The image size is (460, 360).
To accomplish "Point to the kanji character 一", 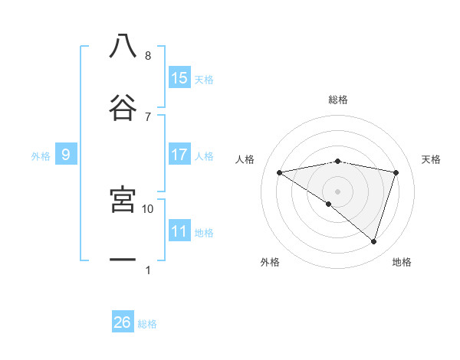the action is [123, 260].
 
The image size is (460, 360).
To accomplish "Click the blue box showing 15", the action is [179, 78].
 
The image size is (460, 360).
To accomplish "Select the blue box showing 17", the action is [179, 155].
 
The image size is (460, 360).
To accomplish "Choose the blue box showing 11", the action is [179, 231].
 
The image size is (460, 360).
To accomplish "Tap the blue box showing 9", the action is [66, 155].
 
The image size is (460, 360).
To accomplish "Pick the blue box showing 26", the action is [123, 322].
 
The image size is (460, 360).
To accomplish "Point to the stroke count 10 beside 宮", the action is [148, 208].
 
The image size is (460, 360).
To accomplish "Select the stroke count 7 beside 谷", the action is [148, 116].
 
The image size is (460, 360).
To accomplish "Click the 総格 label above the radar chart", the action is [338, 100].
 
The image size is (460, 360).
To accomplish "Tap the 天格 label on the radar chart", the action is [432, 159].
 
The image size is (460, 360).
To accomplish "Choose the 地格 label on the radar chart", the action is [402, 262].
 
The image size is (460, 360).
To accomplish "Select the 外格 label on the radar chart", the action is [270, 262].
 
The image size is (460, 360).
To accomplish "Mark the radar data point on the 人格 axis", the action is [280, 172].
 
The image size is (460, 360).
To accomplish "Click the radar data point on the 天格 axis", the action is [396, 172].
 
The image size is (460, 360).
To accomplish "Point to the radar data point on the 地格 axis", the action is [374, 241].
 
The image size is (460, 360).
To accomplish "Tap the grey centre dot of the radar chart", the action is [338, 191].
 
